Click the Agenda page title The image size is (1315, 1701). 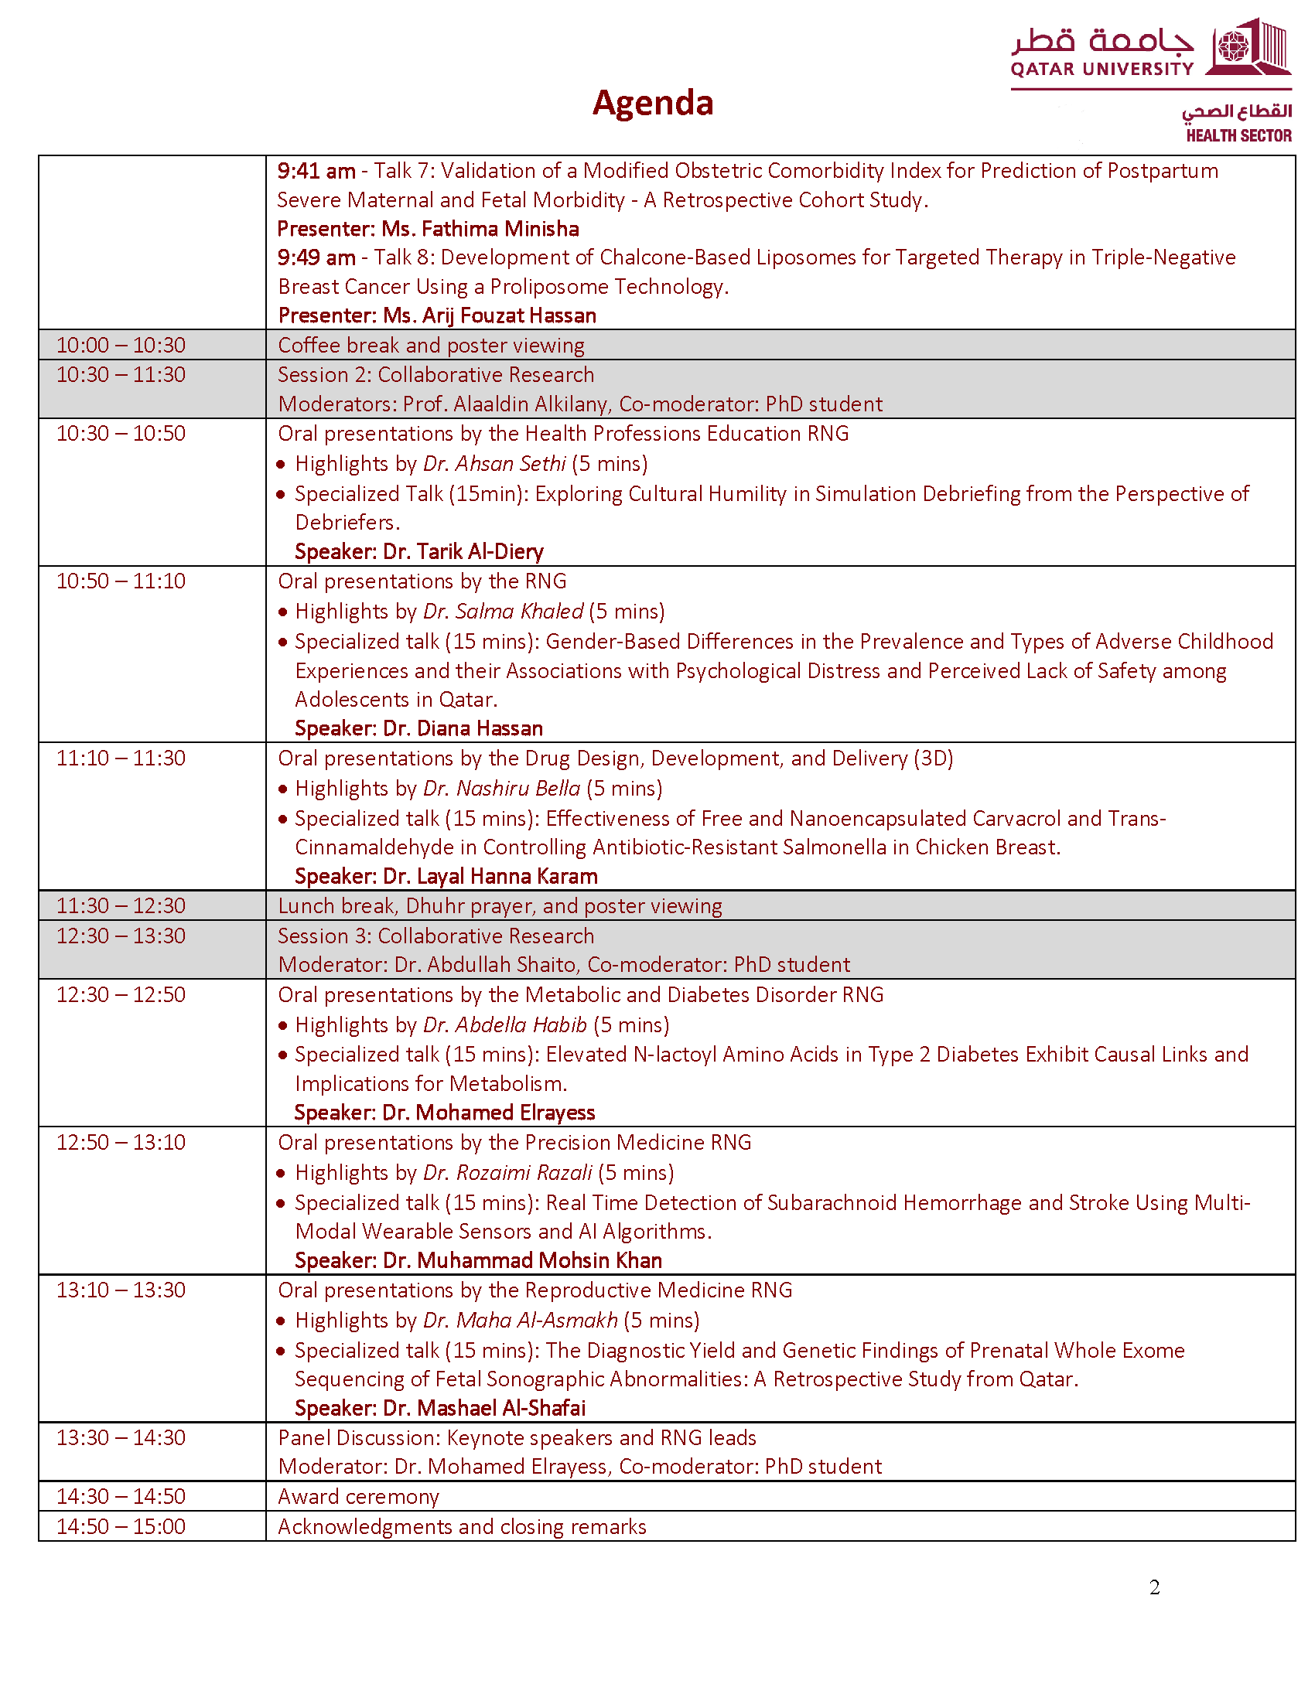(x=652, y=103)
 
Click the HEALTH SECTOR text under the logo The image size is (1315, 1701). (x=1238, y=135)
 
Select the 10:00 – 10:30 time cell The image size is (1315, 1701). (x=121, y=345)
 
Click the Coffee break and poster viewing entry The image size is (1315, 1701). (x=431, y=345)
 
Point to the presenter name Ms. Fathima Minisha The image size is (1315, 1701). (x=480, y=229)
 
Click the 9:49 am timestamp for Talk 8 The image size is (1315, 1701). (x=316, y=257)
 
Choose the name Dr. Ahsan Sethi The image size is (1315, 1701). (x=494, y=464)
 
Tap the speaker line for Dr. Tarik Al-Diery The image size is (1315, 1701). (x=418, y=551)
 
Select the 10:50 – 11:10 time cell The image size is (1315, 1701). (x=121, y=581)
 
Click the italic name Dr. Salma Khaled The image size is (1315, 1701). (x=503, y=612)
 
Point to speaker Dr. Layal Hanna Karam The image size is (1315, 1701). (x=446, y=876)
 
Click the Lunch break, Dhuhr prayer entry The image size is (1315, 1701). (x=500, y=906)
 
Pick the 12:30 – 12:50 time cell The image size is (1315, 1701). (x=121, y=994)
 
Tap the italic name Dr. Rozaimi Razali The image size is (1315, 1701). (x=507, y=1172)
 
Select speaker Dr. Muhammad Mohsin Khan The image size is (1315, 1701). (x=477, y=1260)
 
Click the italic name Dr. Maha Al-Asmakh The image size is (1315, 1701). (x=520, y=1320)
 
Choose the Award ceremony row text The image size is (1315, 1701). (x=358, y=1496)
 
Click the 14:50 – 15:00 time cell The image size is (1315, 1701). (x=121, y=1526)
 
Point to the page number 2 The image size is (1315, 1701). (x=1154, y=1587)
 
